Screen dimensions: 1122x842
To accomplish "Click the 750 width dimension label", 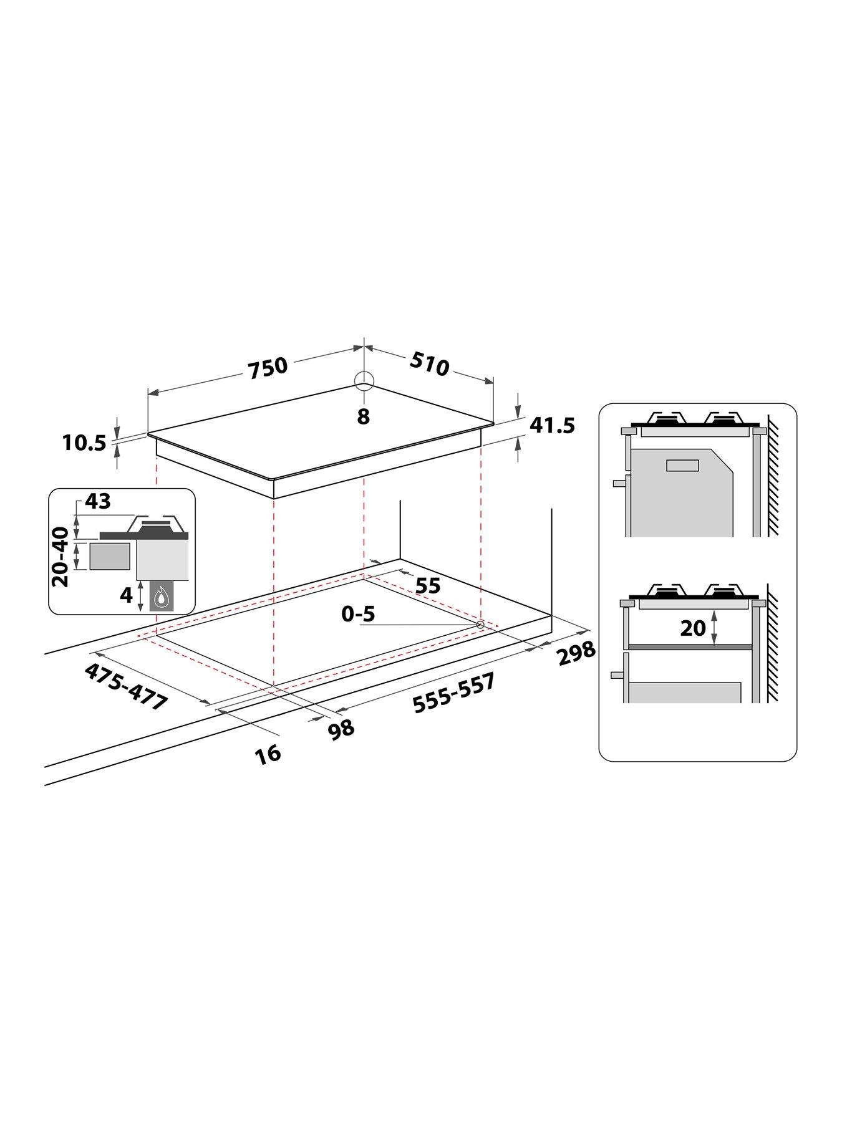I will coord(268,367).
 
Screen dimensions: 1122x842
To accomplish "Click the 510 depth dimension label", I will coord(430,365).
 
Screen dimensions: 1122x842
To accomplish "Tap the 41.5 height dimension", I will coord(552,426).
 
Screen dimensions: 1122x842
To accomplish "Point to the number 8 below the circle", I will coord(364,416).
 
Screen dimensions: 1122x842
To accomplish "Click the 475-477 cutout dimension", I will coord(127,686).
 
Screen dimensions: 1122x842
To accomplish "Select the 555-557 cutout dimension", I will coord(454,692).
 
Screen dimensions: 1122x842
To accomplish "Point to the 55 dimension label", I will coord(428,585).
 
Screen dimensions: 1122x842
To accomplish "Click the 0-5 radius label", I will coord(358,614).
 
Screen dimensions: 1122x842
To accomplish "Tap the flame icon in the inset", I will coord(162,597).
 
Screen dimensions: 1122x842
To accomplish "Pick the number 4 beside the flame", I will coord(126,595).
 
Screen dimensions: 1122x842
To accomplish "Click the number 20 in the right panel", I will coord(692,628).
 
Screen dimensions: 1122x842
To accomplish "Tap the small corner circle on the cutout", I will coord(480,625).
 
